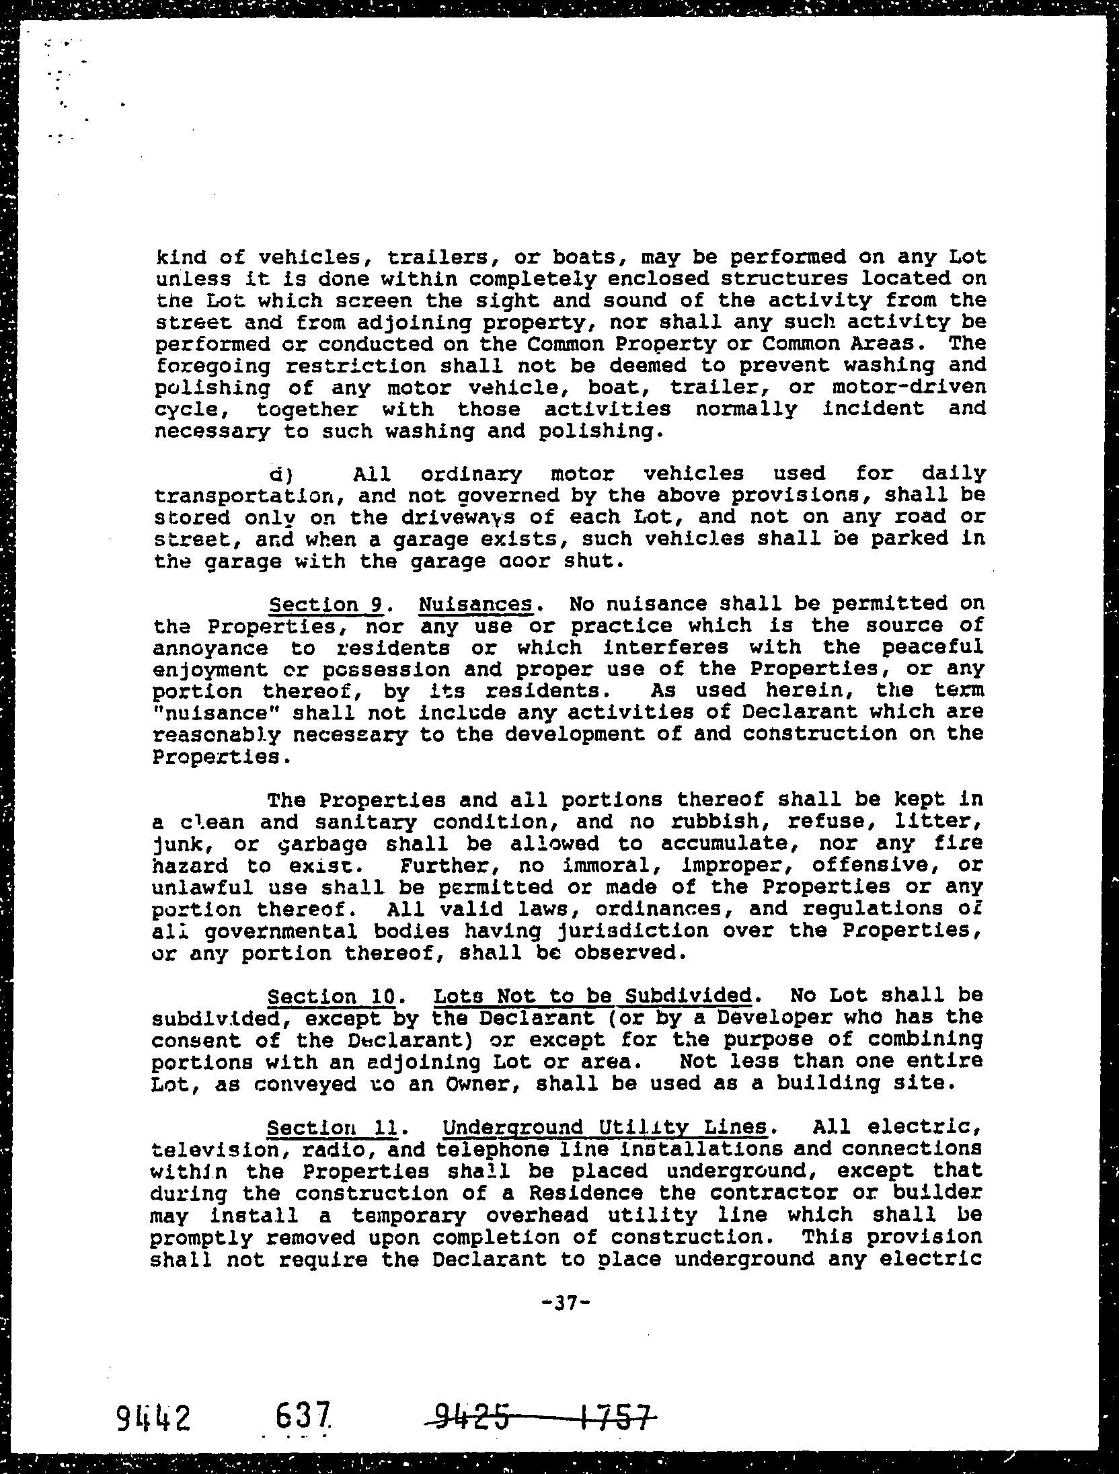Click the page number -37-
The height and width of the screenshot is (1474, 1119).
pyautogui.click(x=565, y=1303)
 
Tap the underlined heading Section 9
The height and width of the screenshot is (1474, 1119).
pyautogui.click(x=325, y=604)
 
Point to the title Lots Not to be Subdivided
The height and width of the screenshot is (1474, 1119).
pyautogui.click(x=592, y=995)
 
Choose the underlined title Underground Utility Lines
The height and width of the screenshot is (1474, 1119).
pyautogui.click(x=605, y=1126)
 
